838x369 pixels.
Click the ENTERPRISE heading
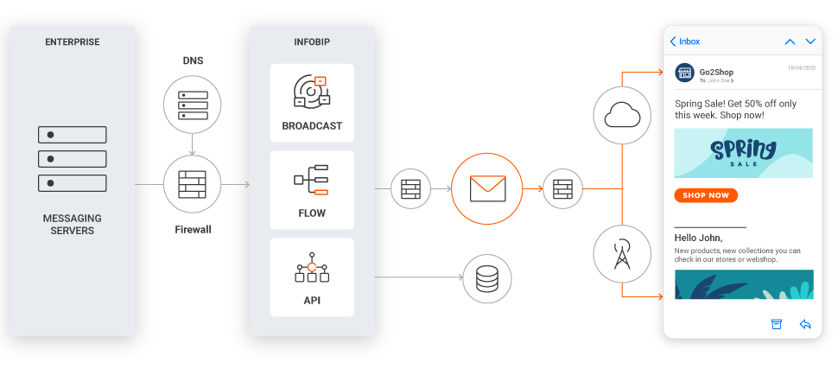73,41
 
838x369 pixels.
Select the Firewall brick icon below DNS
192,184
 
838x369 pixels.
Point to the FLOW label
312,213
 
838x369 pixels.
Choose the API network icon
312,270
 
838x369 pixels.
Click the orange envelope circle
486,188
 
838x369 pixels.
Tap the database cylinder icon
487,277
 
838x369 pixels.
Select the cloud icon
622,115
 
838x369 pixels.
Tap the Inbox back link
685,41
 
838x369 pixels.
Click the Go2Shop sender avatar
685,73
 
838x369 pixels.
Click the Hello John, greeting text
698,238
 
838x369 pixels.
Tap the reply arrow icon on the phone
805,324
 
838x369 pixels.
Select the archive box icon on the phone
776,324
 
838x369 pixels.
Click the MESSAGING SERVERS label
73,224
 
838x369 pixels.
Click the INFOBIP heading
312,41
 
